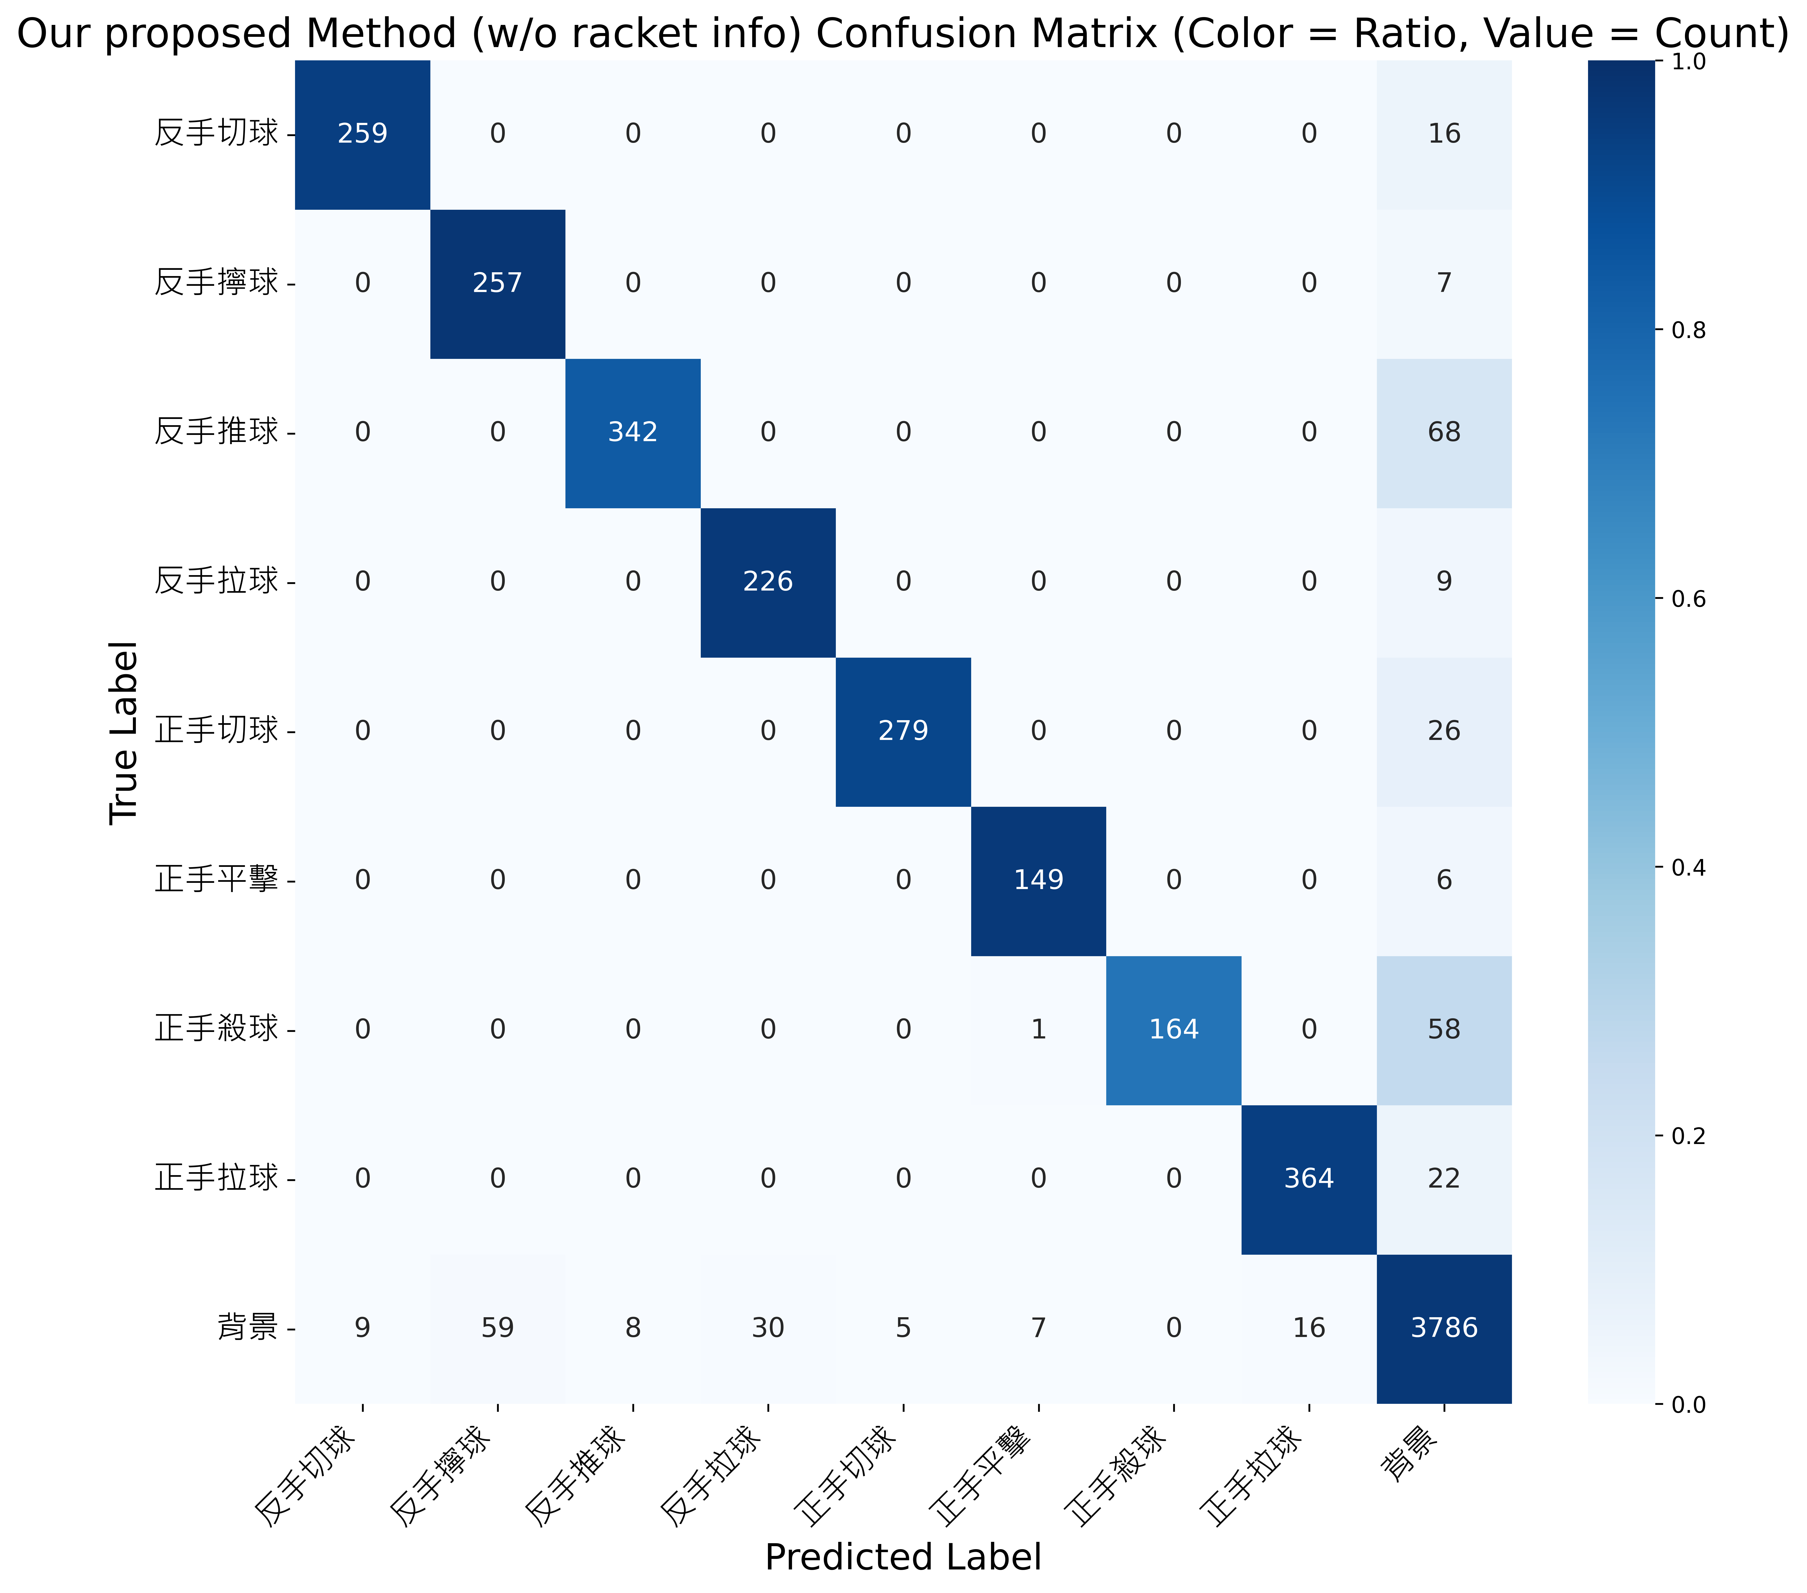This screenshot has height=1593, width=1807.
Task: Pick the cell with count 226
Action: coord(768,582)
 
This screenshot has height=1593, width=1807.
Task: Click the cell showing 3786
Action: coord(1445,1328)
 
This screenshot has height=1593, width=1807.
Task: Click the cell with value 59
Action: coord(498,1328)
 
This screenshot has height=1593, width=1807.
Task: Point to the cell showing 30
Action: coord(768,1328)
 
